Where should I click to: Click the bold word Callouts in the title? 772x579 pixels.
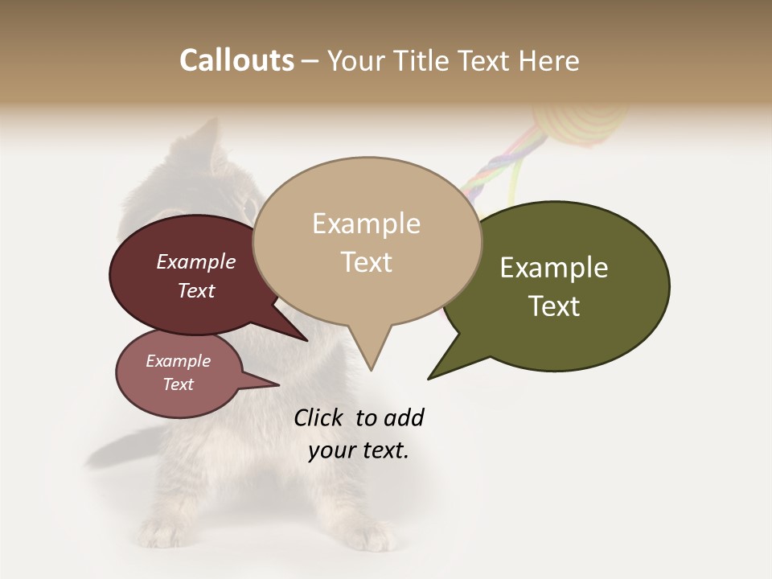pos(236,60)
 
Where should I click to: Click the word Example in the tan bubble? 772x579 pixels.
pos(366,224)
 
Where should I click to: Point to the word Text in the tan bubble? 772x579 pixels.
pos(366,262)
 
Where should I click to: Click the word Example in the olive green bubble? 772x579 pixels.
pos(554,268)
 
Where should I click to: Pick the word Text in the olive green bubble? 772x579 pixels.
pos(554,306)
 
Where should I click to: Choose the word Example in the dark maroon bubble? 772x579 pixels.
pos(195,262)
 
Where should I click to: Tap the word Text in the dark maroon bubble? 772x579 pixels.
pos(195,290)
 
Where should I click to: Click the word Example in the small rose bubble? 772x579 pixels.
pos(178,361)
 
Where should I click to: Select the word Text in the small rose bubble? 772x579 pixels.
pos(178,384)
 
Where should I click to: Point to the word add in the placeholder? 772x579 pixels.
pos(404,417)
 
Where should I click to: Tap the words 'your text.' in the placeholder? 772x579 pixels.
pos(359,450)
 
